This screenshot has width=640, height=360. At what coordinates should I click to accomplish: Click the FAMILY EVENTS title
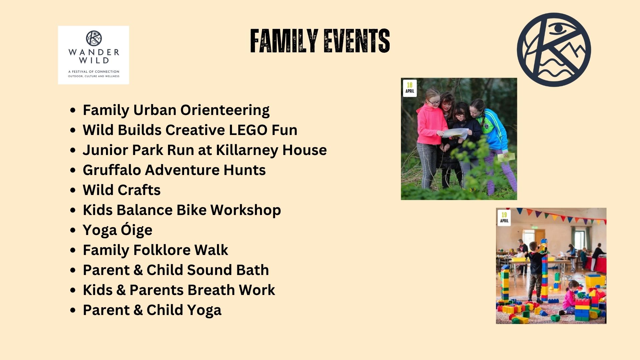[x=320, y=41]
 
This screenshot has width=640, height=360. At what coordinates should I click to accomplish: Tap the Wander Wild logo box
[x=93, y=55]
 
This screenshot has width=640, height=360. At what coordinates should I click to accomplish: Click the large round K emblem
[x=554, y=50]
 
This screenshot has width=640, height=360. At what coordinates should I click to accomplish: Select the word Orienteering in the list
[x=225, y=110]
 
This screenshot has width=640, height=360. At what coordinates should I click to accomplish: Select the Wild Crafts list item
[x=122, y=190]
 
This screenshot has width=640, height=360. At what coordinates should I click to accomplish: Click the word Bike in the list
[x=191, y=210]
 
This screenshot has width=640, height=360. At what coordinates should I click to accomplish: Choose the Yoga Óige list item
[x=117, y=230]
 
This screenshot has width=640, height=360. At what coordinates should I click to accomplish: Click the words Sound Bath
[x=228, y=270]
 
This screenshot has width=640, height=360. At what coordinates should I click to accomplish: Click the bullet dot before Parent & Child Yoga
[x=73, y=310]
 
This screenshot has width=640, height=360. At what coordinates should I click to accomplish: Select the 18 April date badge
[x=410, y=88]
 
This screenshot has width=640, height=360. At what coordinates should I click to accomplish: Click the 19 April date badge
[x=504, y=218]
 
